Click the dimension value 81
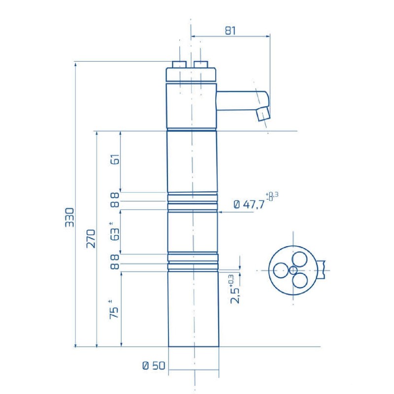(x=230, y=30)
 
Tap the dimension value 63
(x=114, y=231)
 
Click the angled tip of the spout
(x=264, y=114)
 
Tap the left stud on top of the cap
(x=179, y=65)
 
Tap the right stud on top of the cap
(x=201, y=65)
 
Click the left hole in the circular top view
(x=281, y=269)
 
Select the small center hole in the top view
(x=293, y=269)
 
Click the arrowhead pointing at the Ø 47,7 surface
(x=220, y=212)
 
